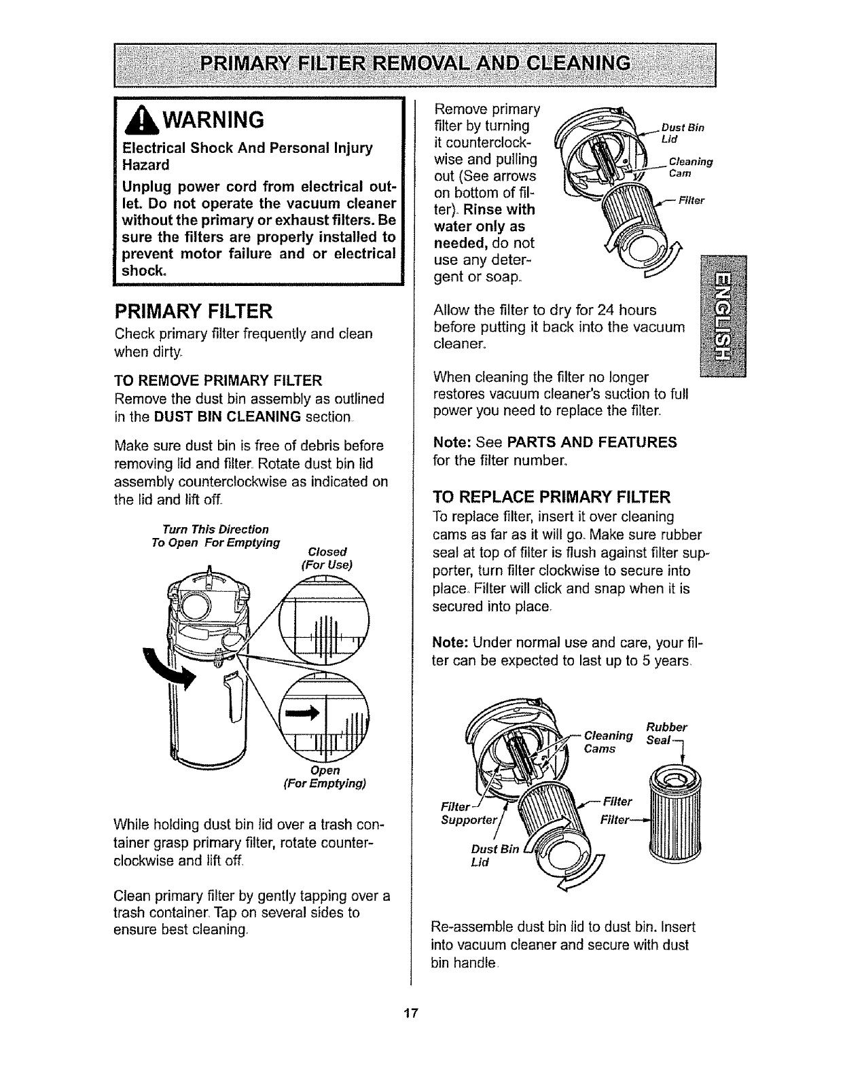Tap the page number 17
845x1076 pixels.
(409, 1014)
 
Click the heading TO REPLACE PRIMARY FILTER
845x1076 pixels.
(552, 476)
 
